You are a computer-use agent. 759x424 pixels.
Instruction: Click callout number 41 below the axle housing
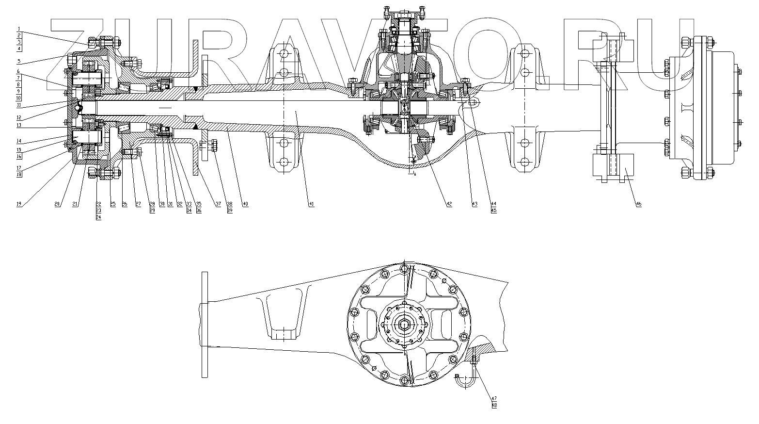coord(311,204)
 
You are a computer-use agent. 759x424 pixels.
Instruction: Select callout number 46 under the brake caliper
coord(638,204)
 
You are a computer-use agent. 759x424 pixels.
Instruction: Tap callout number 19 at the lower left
coord(19,204)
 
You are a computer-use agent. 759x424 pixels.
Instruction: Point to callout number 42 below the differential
coord(449,204)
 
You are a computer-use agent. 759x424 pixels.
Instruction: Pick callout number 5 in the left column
coord(18,61)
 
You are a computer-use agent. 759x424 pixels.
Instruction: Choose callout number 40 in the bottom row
coord(245,204)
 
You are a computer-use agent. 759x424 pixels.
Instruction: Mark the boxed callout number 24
coord(98,217)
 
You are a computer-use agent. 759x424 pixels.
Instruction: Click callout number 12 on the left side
coord(18,117)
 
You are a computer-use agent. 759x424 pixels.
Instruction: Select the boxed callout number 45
coord(493,211)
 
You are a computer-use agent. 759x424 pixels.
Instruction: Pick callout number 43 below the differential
coord(474,204)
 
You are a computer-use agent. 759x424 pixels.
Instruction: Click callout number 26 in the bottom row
coord(125,204)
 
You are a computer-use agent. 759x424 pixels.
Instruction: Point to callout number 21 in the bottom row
coord(75,204)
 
